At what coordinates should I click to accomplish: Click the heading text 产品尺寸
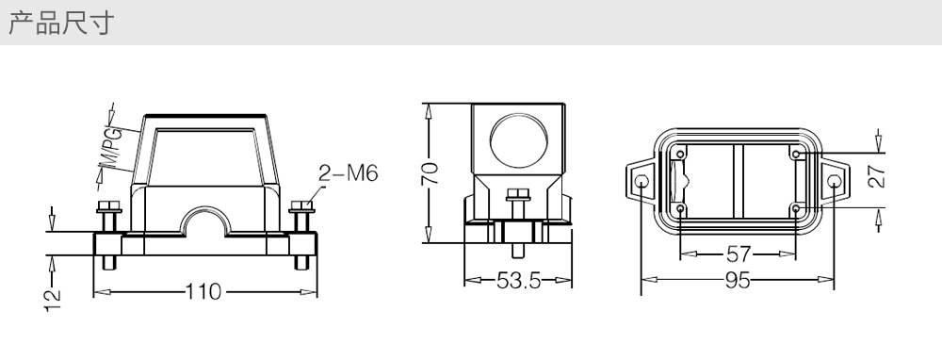(x=60, y=23)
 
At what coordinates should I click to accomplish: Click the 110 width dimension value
(x=203, y=292)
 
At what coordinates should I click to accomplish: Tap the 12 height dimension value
(x=53, y=300)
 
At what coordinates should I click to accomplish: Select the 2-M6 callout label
(x=348, y=173)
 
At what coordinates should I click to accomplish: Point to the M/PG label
(x=110, y=149)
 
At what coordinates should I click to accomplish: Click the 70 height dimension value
(x=430, y=173)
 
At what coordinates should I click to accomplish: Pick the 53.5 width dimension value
(x=519, y=280)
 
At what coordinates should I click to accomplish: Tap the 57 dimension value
(x=739, y=254)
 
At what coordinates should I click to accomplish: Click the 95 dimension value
(x=738, y=280)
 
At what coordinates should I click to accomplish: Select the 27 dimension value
(x=877, y=176)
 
